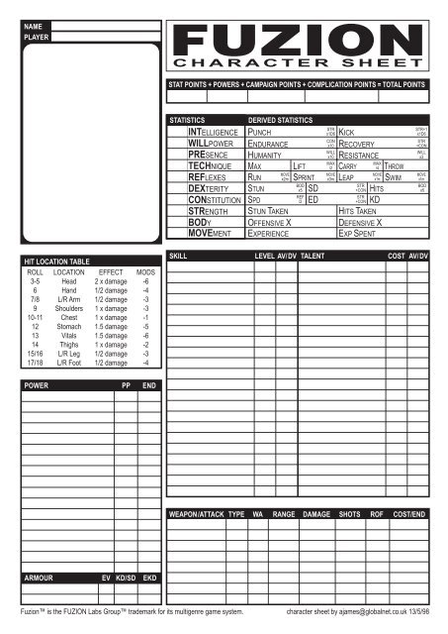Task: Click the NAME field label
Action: coord(34,24)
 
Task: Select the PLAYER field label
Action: coord(37,37)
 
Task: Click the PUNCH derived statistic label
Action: coord(260,132)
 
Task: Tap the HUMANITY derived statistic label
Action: coord(267,158)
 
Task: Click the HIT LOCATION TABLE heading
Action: coord(59,262)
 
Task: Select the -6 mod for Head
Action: coord(146,281)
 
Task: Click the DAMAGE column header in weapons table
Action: coord(315,515)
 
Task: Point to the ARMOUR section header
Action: coord(40,576)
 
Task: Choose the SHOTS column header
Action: coord(349,515)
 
